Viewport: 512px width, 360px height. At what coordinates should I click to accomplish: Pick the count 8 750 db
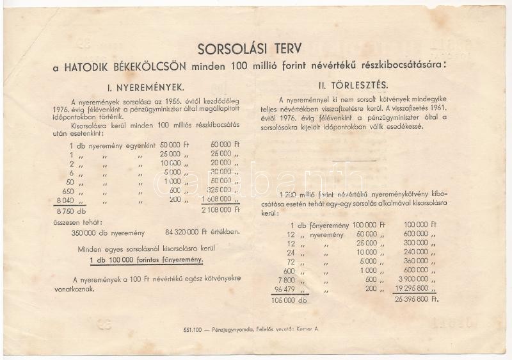point(71,210)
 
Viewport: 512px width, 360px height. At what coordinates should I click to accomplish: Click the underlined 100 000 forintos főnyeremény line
point(147,259)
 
